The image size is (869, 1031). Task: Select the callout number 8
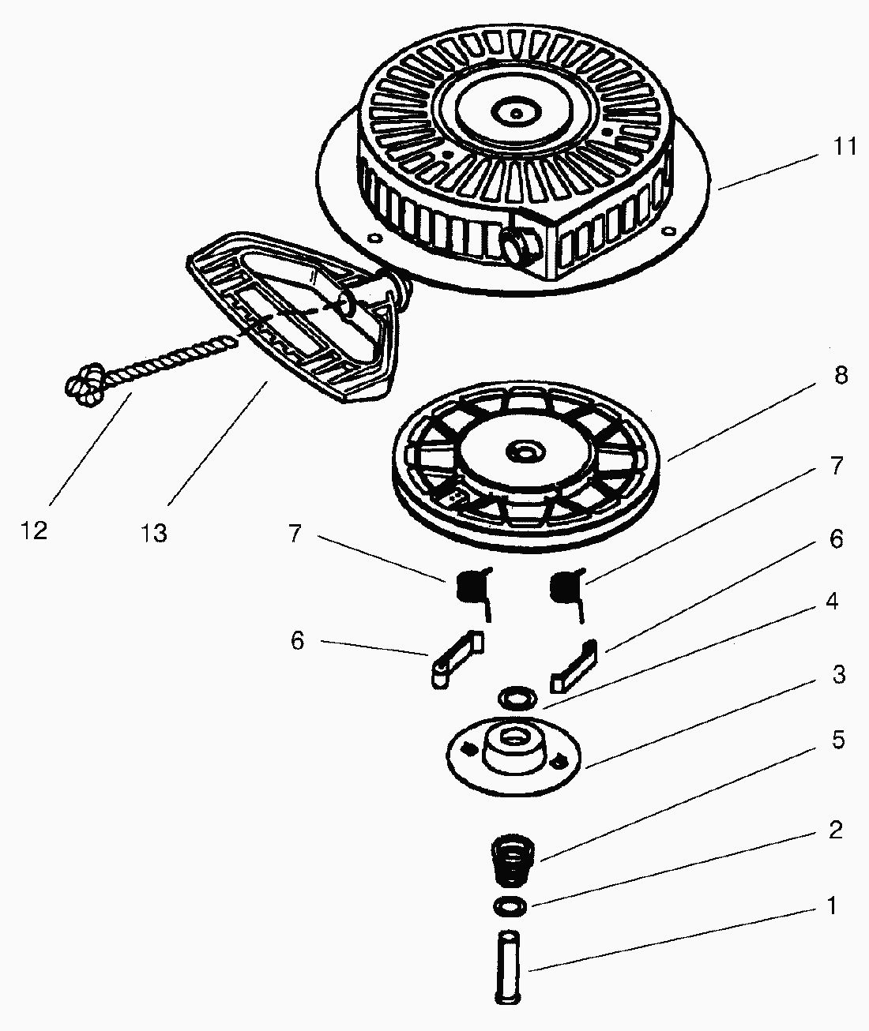click(x=839, y=376)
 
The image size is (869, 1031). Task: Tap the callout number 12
click(x=34, y=530)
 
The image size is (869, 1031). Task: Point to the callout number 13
click(x=154, y=534)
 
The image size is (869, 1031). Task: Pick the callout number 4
click(x=831, y=602)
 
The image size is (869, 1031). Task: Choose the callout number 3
click(x=838, y=675)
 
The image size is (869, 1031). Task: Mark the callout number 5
click(x=837, y=740)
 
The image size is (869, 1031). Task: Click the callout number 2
click(x=836, y=830)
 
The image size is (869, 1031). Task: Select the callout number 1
click(x=830, y=905)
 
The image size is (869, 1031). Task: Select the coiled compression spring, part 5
click(x=511, y=862)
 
